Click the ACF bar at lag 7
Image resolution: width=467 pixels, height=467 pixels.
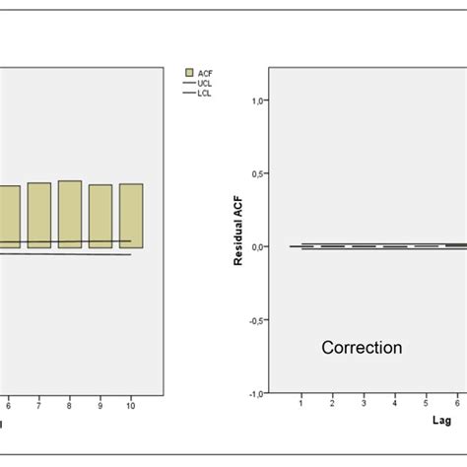tap(39, 215)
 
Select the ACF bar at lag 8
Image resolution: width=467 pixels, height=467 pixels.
tap(70, 214)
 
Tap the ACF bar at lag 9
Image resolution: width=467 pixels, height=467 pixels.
tap(100, 216)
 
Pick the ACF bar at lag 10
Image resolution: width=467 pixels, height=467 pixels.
tap(131, 215)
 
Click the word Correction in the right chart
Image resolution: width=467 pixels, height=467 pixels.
tap(363, 348)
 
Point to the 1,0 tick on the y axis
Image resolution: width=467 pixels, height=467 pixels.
tap(259, 100)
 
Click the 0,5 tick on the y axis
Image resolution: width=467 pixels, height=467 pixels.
tap(259, 173)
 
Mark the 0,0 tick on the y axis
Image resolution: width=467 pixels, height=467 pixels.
tap(259, 246)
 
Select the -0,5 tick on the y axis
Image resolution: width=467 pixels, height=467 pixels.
tap(257, 319)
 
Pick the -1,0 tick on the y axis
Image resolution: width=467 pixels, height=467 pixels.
tap(257, 392)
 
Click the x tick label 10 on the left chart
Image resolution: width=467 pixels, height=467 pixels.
tap(130, 405)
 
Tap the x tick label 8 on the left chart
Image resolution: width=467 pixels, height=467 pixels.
tap(69, 405)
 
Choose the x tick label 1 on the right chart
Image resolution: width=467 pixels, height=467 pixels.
tap(301, 404)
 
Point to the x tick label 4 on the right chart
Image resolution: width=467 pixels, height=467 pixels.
tap(394, 404)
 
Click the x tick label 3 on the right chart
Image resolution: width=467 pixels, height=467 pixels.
tap(364, 404)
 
